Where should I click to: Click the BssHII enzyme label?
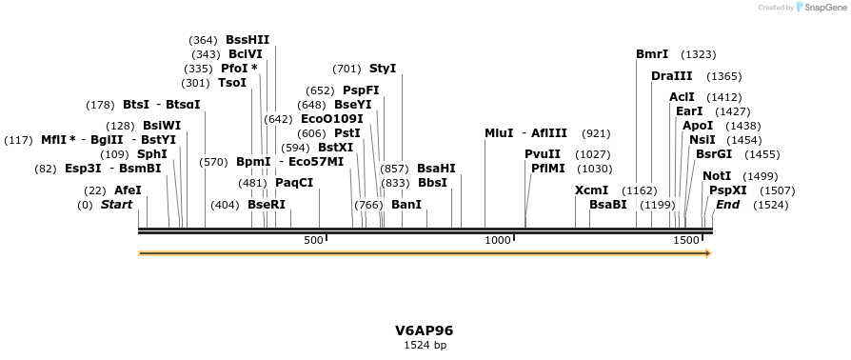247,40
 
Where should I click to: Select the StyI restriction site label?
382,69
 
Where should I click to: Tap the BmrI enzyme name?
652,54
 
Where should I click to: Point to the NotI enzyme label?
717,176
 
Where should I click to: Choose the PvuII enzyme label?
542,154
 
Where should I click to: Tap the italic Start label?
116,205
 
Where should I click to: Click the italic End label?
727,205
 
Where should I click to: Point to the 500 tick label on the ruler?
313,241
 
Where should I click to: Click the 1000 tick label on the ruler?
498,241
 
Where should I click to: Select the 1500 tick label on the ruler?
685,241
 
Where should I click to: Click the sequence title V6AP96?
425,330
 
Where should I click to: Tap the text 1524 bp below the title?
425,345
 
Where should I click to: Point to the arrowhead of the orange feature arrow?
706,253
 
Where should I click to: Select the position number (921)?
595,133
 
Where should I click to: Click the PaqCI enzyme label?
293,183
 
